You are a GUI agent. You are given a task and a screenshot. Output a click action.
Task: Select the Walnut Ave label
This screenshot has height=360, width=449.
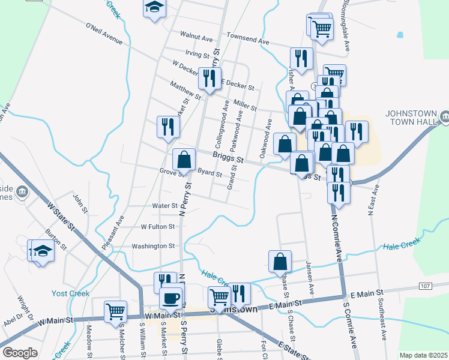point(199,38)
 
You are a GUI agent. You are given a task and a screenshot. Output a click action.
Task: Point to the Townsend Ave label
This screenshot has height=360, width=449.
point(248,39)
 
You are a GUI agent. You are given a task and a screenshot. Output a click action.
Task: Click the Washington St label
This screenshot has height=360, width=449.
point(153,246)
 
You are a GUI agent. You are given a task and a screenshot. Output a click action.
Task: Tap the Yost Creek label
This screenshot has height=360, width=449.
point(71,293)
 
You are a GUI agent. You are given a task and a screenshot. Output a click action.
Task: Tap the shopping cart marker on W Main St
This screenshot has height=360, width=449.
point(115,311)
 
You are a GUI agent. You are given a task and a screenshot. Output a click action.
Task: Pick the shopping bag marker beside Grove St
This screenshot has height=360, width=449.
point(184,160)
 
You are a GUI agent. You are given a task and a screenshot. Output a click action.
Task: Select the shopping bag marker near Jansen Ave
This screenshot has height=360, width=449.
point(280,261)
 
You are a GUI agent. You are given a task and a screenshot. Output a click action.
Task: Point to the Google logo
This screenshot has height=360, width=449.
point(20,353)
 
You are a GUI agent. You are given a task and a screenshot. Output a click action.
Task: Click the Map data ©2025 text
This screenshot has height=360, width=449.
point(423,355)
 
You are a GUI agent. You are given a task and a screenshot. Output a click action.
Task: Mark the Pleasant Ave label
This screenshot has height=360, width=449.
point(116,229)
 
